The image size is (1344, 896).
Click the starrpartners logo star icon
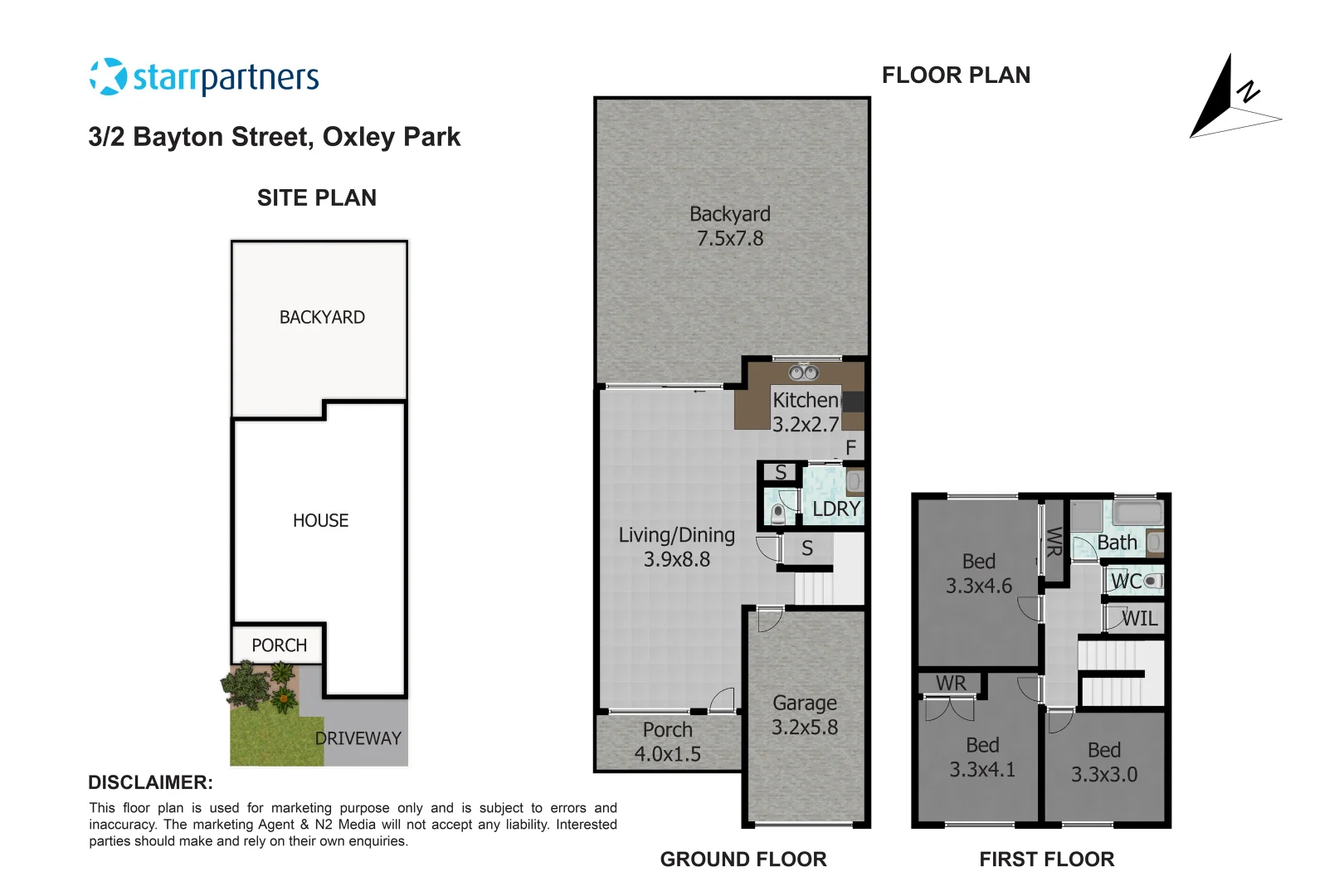tap(108, 77)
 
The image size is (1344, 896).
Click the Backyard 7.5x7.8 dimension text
tap(730, 239)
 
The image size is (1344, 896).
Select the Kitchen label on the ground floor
tap(805, 400)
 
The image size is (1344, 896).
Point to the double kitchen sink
tap(803, 373)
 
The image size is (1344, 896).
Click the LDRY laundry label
tap(835, 509)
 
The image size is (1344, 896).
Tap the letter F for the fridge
tap(850, 448)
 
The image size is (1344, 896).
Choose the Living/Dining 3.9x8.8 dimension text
tap(677, 560)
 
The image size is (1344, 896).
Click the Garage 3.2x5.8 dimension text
tap(805, 728)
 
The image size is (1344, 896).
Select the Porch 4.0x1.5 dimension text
tap(668, 754)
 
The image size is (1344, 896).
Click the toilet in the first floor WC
tap(1152, 582)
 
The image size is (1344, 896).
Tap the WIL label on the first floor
tap(1140, 619)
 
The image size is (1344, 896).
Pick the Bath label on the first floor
tap(1117, 543)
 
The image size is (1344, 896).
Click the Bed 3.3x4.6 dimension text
tap(979, 586)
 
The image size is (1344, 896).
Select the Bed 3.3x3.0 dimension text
tap(1103, 775)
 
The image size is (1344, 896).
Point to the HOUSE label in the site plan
tap(320, 521)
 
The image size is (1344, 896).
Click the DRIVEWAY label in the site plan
tap(358, 738)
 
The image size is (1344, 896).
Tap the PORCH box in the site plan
tap(279, 645)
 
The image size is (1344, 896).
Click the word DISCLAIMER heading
tap(150, 782)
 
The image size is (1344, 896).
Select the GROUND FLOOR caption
tap(743, 859)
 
